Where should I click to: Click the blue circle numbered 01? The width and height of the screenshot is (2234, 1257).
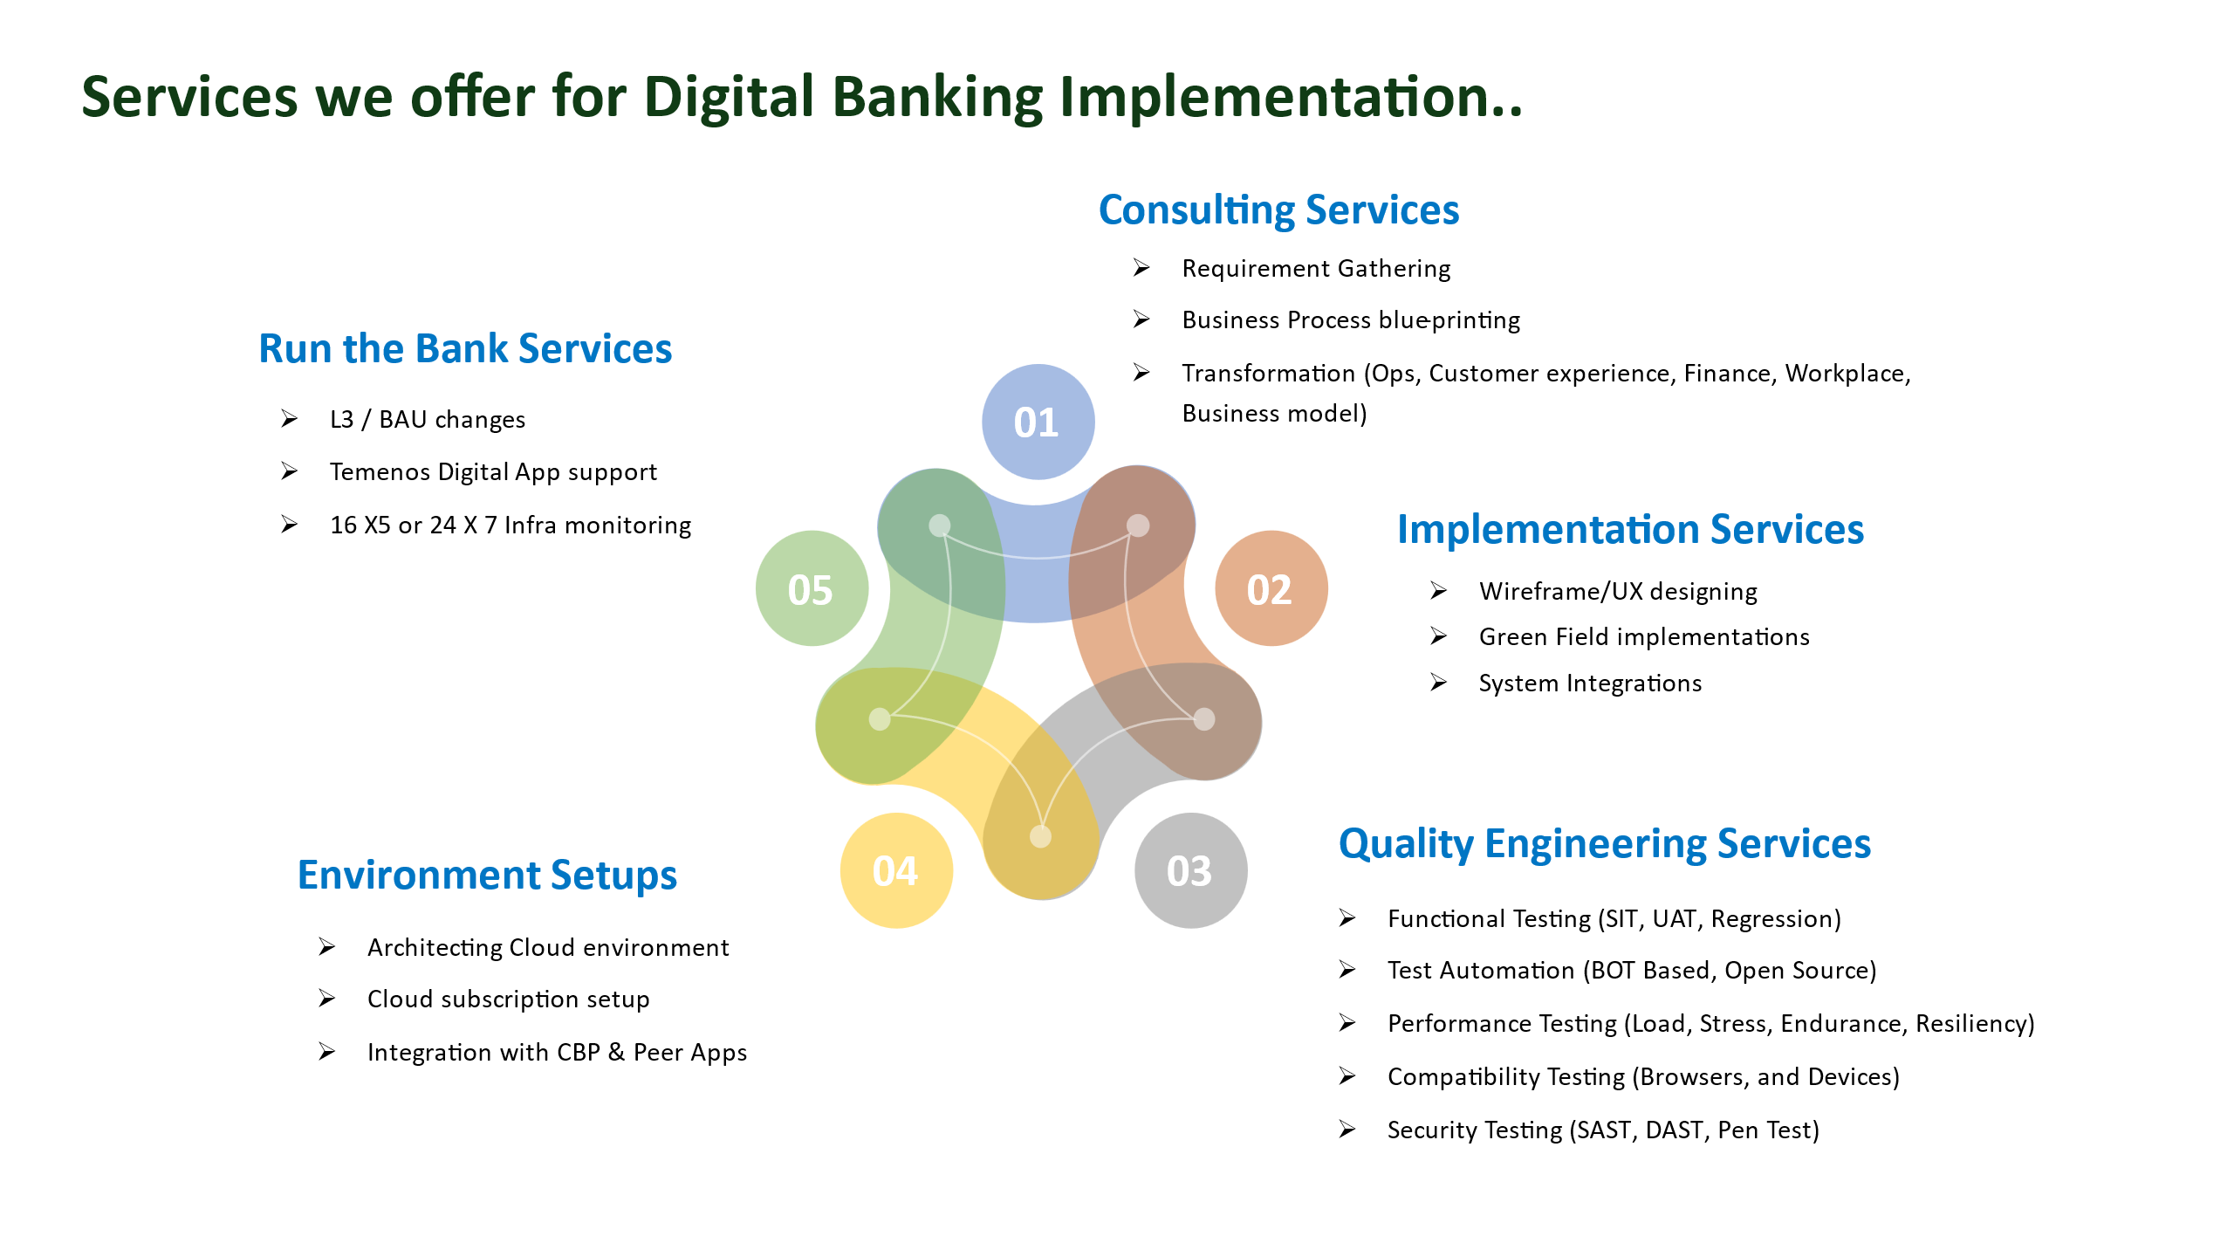1038,422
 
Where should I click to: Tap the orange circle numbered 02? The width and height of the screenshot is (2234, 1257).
1271,588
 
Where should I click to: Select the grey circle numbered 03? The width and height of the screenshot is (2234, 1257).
1191,870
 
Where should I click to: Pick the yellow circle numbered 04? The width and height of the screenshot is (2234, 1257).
896,870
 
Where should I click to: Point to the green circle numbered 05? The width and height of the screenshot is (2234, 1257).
812,588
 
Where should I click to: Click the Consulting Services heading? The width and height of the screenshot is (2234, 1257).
1278,210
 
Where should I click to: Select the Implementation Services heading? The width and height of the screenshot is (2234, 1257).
1630,530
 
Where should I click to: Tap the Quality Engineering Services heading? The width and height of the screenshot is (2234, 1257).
1605,844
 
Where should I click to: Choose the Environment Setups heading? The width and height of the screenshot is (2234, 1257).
487,876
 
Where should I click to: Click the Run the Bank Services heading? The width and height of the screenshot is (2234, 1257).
465,349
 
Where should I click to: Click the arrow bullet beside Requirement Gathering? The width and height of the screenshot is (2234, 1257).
1141,268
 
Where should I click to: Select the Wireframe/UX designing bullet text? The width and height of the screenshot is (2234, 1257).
1618,592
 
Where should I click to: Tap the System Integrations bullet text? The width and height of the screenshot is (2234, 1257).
1590,683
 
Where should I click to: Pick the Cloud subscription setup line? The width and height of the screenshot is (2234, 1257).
509,999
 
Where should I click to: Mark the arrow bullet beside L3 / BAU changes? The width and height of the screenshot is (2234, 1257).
289,419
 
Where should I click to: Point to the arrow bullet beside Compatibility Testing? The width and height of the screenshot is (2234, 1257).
1347,1076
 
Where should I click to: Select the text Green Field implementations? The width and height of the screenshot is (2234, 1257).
1644,637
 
